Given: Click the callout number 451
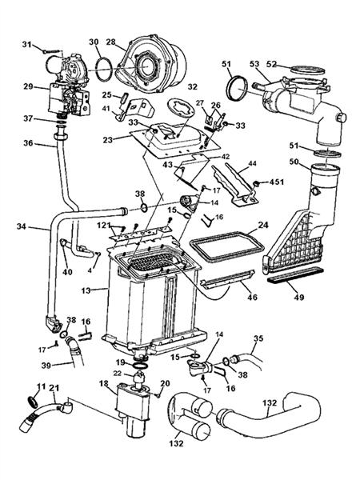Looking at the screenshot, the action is pyautogui.click(x=277, y=182).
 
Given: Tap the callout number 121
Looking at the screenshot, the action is pyautogui.click(x=104, y=226).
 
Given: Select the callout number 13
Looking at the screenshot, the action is pyautogui.click(x=86, y=290).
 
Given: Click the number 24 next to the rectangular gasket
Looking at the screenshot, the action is pyautogui.click(x=263, y=225).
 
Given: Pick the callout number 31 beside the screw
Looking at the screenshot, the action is pyautogui.click(x=27, y=44).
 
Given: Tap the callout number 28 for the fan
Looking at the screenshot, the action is pyautogui.click(x=111, y=42).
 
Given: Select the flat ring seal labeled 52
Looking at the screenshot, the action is pyautogui.click(x=307, y=70).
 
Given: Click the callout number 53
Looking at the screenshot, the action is pyautogui.click(x=254, y=64).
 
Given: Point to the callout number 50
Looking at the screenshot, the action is pyautogui.click(x=294, y=162).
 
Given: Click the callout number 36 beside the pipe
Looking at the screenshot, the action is pyautogui.click(x=28, y=143).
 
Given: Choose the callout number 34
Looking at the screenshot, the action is pyautogui.click(x=22, y=227).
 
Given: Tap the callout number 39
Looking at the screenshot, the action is pyautogui.click(x=46, y=366).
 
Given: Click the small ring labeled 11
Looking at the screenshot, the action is pyautogui.click(x=32, y=402).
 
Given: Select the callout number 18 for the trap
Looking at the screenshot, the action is pyautogui.click(x=104, y=383).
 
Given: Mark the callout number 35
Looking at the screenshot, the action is pyautogui.click(x=258, y=339).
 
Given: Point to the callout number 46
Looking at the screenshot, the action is pyautogui.click(x=252, y=297).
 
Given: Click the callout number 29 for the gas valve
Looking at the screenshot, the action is pyautogui.click(x=28, y=86).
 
